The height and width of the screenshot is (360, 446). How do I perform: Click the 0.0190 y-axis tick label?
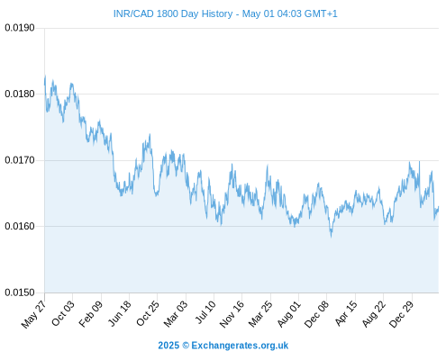pyautogui.click(x=20, y=28)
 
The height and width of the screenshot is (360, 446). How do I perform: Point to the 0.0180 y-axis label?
pyautogui.click(x=20, y=94)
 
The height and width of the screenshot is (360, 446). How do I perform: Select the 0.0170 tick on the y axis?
pyautogui.click(x=20, y=160)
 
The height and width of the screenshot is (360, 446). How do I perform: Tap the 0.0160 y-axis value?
pyautogui.click(x=20, y=226)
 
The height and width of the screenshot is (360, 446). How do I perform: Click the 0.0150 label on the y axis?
pyautogui.click(x=20, y=292)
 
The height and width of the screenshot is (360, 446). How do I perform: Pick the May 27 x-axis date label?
pyautogui.click(x=33, y=314)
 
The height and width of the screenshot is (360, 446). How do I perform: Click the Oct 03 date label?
pyautogui.click(x=62, y=313)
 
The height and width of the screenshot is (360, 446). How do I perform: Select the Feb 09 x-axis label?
pyautogui.click(x=91, y=313)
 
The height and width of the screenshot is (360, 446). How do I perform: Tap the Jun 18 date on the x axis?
pyautogui.click(x=119, y=313)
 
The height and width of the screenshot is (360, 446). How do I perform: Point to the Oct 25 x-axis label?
pyautogui.click(x=147, y=313)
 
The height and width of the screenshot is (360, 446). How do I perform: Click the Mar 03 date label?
pyautogui.click(x=176, y=313)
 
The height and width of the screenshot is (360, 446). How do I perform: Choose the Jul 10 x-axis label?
pyautogui.click(x=205, y=312)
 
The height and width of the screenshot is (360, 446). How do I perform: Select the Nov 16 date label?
pyautogui.click(x=232, y=314)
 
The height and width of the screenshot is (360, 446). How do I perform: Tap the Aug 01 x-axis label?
pyautogui.click(x=288, y=314)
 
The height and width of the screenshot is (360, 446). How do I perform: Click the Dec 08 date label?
pyautogui.click(x=316, y=314)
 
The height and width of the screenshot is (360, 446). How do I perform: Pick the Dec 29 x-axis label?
pyautogui.click(x=401, y=314)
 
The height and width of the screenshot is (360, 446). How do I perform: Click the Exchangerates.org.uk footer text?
pyautogui.click(x=240, y=346)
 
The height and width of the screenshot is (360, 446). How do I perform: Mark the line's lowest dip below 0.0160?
pyautogui.click(x=332, y=237)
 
